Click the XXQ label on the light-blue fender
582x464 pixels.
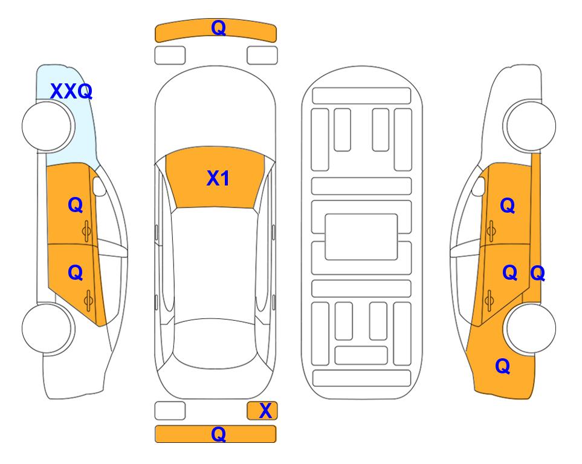(x=71, y=91)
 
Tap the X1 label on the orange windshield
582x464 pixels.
(x=218, y=178)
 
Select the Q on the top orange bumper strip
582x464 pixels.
(x=218, y=27)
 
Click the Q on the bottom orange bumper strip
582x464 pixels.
(x=218, y=434)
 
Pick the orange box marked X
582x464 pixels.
(x=262, y=411)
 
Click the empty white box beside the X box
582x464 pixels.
(x=170, y=411)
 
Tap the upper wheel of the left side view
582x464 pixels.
(x=48, y=126)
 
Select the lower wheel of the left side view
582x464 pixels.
(x=48, y=328)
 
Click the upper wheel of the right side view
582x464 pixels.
(x=529, y=126)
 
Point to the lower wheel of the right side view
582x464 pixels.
(x=529, y=328)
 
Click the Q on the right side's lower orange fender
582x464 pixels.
(x=503, y=366)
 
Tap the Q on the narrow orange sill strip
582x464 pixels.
(x=537, y=274)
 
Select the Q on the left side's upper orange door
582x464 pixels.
(x=76, y=205)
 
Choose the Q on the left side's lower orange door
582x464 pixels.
(x=76, y=273)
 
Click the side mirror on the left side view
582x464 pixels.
(x=99, y=186)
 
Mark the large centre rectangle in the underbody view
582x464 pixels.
(x=361, y=237)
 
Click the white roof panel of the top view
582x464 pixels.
(x=215, y=264)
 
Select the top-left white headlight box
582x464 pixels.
(x=170, y=56)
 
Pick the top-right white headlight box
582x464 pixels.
(x=262, y=56)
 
